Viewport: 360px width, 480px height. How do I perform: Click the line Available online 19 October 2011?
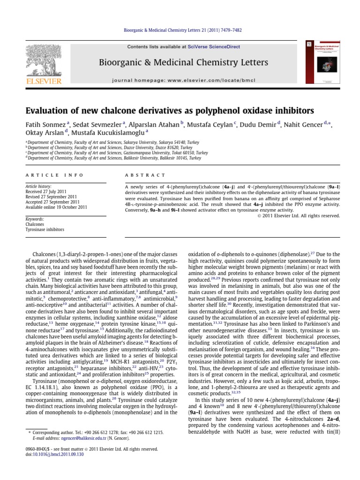point(56,207)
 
